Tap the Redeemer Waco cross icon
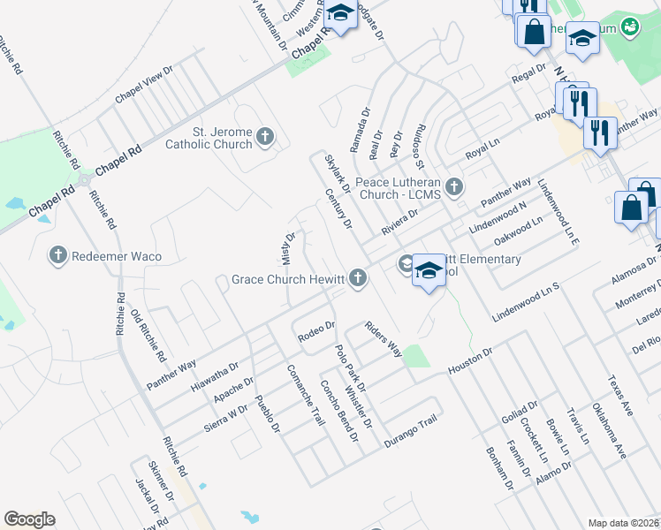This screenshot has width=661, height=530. click(58, 255)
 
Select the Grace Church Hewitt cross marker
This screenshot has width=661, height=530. click(358, 279)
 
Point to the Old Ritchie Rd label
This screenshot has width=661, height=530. click(148, 337)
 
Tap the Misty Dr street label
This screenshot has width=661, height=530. click(289, 248)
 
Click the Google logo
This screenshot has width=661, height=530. click(29, 519)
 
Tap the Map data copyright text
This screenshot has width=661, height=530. click(624, 523)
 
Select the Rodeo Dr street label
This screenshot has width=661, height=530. click(315, 331)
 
